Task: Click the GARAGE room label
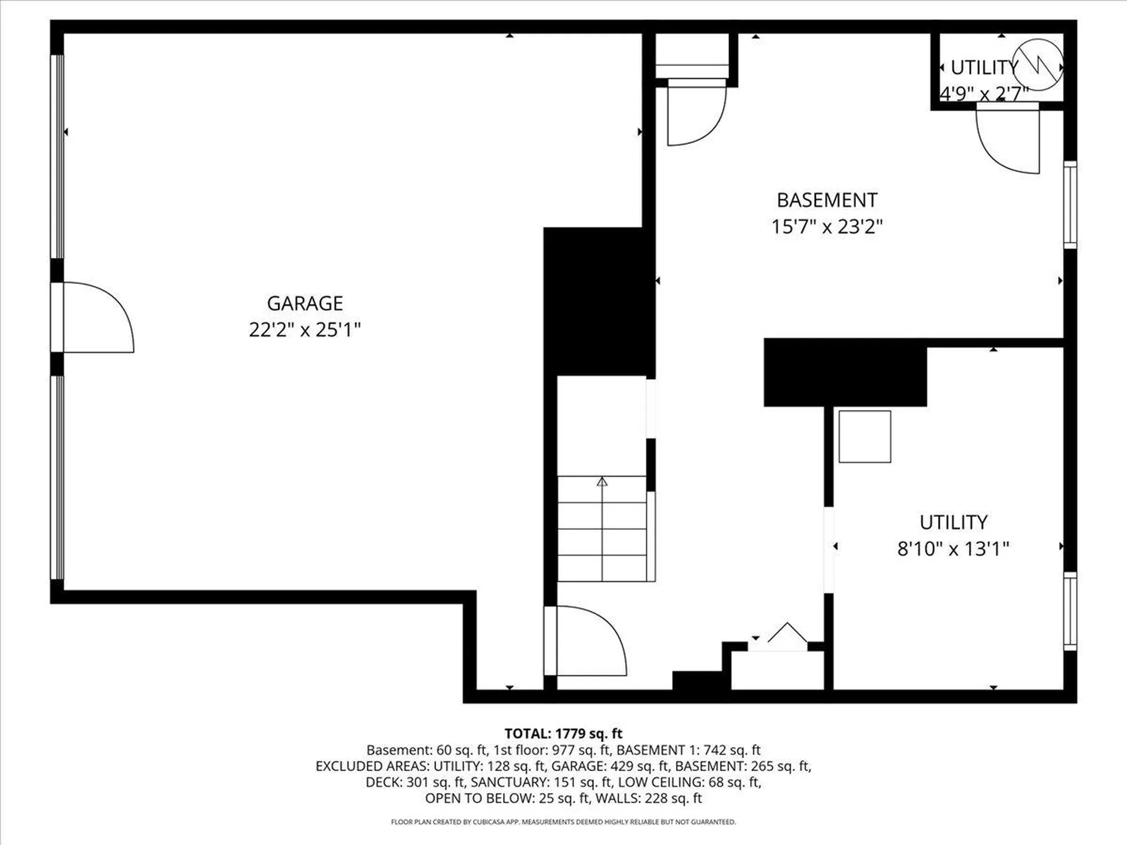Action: click(x=305, y=303)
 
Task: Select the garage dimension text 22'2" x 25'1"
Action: click(x=305, y=330)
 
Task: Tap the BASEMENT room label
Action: click(x=826, y=201)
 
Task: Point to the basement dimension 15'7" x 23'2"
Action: click(x=826, y=227)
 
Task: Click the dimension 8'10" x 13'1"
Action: click(x=953, y=549)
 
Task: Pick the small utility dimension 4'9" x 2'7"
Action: click(x=984, y=93)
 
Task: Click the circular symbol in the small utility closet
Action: click(x=1038, y=65)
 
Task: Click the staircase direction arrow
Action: click(x=602, y=482)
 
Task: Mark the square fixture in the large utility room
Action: click(x=865, y=437)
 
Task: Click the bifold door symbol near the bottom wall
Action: click(x=787, y=634)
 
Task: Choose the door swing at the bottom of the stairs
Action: click(x=590, y=641)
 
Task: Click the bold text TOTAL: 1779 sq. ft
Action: click(x=563, y=734)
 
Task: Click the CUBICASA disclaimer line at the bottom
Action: click(x=563, y=822)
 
